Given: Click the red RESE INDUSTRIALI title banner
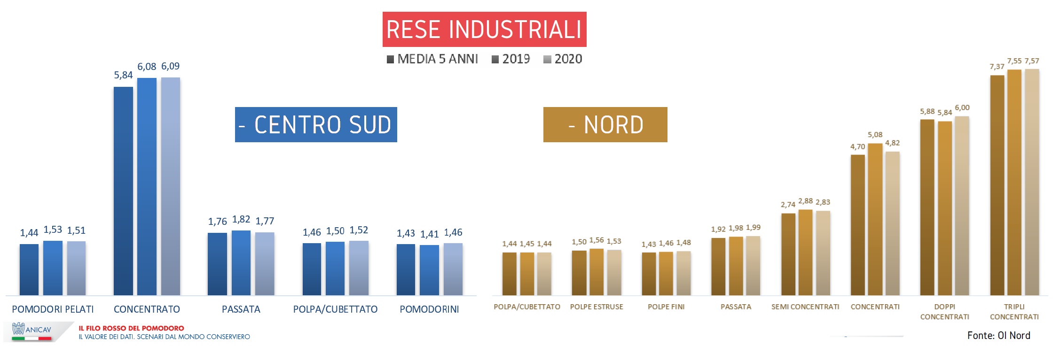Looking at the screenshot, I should point(484,29).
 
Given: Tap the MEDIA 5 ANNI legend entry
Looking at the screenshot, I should point(432,59).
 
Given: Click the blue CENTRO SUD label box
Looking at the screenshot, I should point(316,124).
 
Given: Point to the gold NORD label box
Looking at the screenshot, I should point(605,124).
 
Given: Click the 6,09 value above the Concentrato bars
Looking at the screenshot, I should point(170,66).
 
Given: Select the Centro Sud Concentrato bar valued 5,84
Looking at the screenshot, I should point(123,190).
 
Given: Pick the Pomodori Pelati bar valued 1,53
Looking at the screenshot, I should point(53,268).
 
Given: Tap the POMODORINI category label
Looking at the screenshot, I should point(429,309).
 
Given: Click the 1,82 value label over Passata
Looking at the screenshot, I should point(241,219).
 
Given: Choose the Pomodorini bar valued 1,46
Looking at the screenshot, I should point(453,269).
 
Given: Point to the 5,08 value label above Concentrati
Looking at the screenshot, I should point(875,135).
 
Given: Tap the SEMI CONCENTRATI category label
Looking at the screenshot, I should point(805,307).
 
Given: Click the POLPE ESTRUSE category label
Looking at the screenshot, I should point(597,307).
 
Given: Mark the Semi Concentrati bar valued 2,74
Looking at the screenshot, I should point(788,254).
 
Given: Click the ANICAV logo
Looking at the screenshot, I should point(32,330).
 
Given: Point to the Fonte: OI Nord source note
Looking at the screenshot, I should point(998,336).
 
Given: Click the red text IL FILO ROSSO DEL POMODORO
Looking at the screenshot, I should point(131,328).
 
